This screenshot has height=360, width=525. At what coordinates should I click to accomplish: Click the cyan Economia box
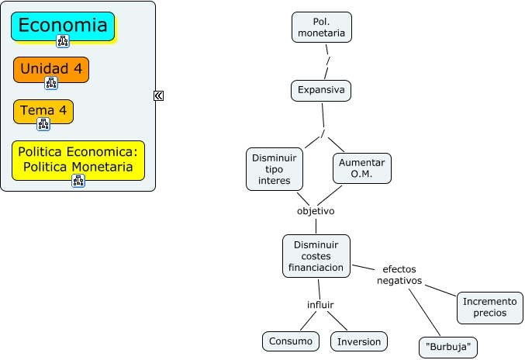click(63, 25)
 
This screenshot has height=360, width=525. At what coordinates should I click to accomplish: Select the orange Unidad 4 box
click(51, 68)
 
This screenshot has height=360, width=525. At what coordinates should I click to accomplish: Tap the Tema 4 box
click(43, 110)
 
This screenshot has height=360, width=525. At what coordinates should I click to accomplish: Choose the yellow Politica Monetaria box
click(78, 158)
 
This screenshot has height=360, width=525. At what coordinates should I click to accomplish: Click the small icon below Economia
click(63, 41)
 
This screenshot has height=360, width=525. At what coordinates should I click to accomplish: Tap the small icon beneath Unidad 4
click(51, 83)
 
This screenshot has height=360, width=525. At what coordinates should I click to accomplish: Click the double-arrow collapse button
click(158, 95)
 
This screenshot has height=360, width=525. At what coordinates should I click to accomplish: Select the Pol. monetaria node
click(322, 27)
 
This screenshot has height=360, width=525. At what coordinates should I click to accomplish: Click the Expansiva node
click(321, 91)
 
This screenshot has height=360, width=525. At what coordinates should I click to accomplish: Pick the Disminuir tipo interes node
click(275, 169)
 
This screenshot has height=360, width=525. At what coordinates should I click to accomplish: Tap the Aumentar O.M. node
click(361, 168)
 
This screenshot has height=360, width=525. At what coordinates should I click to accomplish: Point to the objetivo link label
click(316, 210)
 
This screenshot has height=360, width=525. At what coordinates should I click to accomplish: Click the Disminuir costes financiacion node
click(316, 256)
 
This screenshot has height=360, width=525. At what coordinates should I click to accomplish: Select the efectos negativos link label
click(399, 275)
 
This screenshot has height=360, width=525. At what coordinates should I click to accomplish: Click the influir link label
click(320, 303)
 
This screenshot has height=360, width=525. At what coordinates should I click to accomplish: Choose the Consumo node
click(290, 341)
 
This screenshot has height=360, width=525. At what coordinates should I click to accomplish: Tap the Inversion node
click(359, 341)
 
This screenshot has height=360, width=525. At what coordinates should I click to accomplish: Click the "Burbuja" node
click(448, 347)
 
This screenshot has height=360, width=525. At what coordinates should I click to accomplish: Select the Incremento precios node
click(489, 307)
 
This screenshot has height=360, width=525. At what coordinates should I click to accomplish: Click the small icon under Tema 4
click(43, 124)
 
